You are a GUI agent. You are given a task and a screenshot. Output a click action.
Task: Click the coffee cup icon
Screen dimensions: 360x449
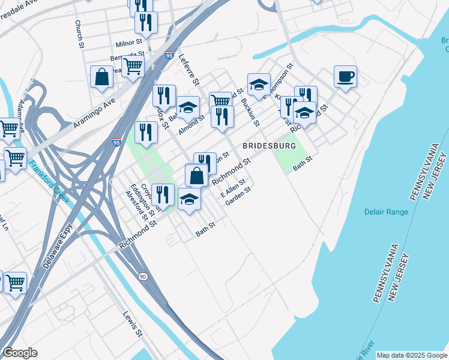345,77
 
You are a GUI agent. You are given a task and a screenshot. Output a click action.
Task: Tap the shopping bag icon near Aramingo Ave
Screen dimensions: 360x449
101,77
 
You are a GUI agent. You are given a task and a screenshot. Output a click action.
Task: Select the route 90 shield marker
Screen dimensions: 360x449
142,275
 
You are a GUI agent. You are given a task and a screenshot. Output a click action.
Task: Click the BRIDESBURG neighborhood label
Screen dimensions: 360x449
270,146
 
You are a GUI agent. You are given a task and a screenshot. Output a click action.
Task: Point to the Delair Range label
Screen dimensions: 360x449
386,212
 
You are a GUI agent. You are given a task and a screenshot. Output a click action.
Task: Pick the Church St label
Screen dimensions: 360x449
78,34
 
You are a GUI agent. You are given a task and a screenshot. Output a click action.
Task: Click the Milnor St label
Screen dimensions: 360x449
128,43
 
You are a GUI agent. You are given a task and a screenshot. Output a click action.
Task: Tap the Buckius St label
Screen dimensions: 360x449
250,112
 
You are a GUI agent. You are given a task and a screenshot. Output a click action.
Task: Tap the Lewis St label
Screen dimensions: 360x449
132,325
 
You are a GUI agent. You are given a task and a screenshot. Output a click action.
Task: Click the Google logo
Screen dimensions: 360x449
20,353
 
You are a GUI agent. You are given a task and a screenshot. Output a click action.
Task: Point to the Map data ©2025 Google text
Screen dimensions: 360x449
412,355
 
